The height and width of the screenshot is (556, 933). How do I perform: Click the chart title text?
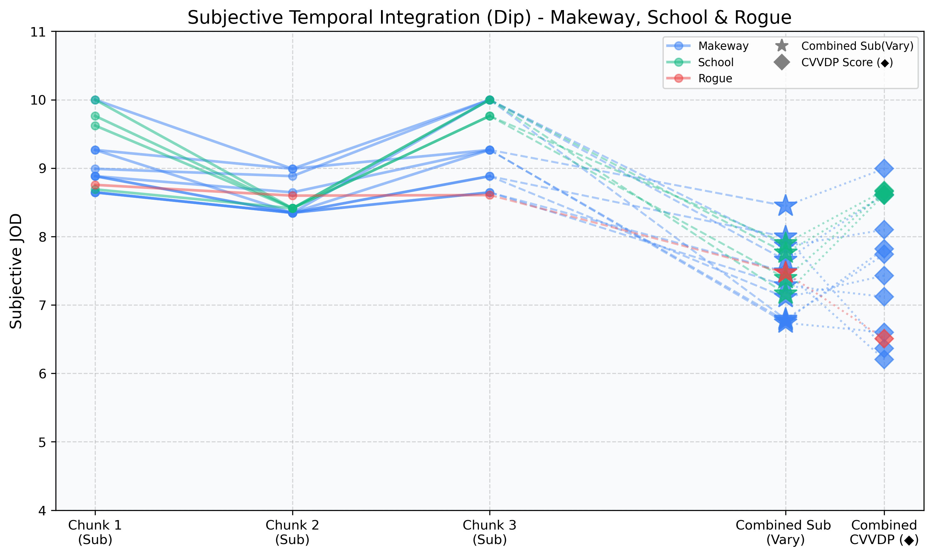[x=489, y=18]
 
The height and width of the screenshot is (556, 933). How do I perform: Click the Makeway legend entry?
[x=723, y=46]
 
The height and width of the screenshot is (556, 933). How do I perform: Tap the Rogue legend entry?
[x=715, y=79]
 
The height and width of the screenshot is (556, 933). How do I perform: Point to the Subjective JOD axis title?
[x=16, y=271]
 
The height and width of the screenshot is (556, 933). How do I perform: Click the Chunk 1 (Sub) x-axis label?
[x=95, y=532]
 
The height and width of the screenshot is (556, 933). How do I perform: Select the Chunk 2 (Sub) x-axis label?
[x=293, y=532]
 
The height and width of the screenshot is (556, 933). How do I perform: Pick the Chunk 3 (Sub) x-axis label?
[x=489, y=532]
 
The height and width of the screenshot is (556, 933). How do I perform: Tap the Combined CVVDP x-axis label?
[x=884, y=532]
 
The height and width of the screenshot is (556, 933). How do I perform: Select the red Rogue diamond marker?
[x=884, y=338]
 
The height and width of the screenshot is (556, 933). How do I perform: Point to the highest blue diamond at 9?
[x=884, y=169]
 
